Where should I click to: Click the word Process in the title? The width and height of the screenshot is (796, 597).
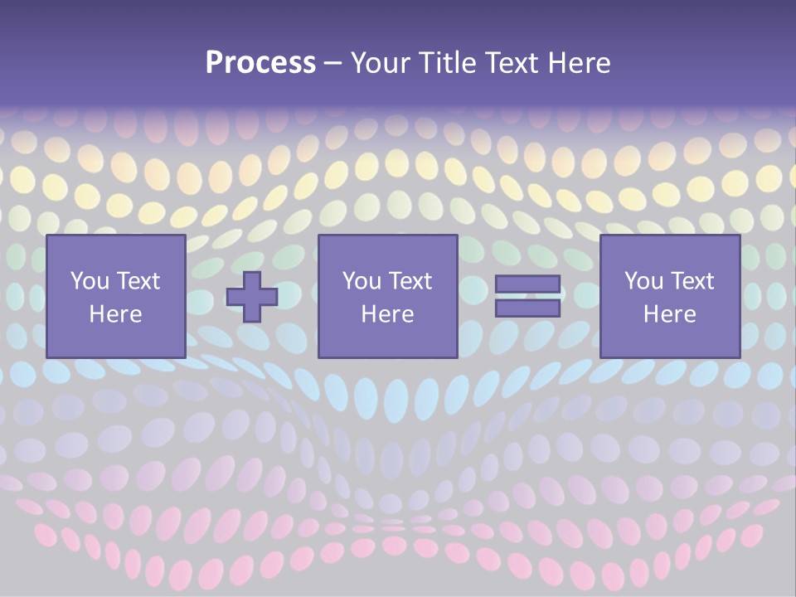pyautogui.click(x=260, y=63)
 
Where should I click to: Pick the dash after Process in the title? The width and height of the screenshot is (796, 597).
pyautogui.click(x=332, y=65)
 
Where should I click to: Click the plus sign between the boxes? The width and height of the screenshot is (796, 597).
pyautogui.click(x=252, y=297)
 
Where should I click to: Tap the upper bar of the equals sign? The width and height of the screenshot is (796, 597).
pyautogui.click(x=527, y=284)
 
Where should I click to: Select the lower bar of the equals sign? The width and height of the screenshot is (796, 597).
pyautogui.click(x=527, y=308)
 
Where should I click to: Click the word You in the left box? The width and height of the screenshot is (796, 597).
pyautogui.click(x=89, y=281)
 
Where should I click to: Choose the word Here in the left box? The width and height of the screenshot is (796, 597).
pyautogui.click(x=115, y=314)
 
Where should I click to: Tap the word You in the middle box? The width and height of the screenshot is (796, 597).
pyautogui.click(x=361, y=281)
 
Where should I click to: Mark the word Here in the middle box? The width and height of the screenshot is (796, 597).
pyautogui.click(x=387, y=314)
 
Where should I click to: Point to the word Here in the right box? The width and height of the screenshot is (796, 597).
pyautogui.click(x=669, y=314)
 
